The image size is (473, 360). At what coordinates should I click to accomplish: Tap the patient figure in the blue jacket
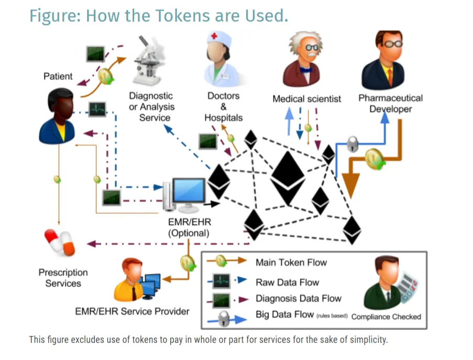pyautogui.click(x=57, y=116)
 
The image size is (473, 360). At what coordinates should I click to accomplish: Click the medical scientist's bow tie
pyautogui.click(x=306, y=70)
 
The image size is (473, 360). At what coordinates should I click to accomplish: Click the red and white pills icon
pyautogui.click(x=59, y=243)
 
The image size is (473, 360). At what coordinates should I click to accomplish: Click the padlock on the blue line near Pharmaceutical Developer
pyautogui.click(x=353, y=144)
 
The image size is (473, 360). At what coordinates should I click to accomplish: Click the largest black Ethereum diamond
pyautogui.click(x=288, y=178)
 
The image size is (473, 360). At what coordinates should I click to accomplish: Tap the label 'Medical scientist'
pyautogui.click(x=306, y=99)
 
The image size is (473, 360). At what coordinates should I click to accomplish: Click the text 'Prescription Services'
pyautogui.click(x=63, y=278)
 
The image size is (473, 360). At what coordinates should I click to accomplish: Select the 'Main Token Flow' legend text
pyautogui.click(x=291, y=262)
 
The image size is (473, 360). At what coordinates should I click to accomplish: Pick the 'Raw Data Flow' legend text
pyautogui.click(x=287, y=282)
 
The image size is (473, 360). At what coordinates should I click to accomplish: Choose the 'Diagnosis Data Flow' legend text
pyautogui.click(x=299, y=298)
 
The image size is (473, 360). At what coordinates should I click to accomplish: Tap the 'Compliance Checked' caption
pyautogui.click(x=386, y=317)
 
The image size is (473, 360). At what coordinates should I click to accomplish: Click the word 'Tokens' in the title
pyautogui.click(x=182, y=16)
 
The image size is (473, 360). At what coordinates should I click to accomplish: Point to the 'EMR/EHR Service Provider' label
pyautogui.click(x=132, y=311)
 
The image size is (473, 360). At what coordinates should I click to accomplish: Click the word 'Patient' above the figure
pyautogui.click(x=58, y=76)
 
